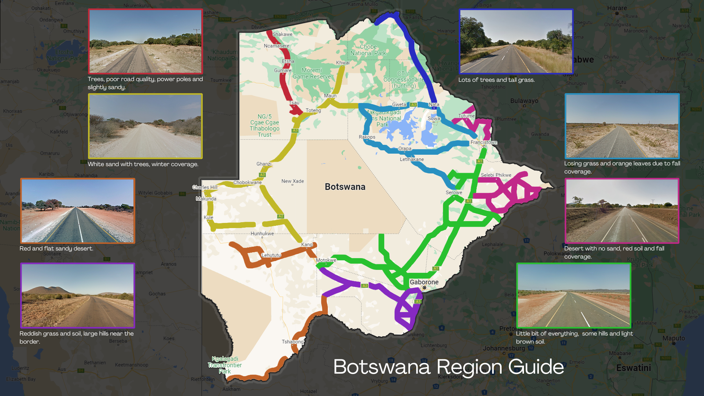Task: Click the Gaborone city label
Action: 424,282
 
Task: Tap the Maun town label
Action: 330,96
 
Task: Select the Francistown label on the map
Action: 484,142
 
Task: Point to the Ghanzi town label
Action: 264,164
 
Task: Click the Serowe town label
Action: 454,192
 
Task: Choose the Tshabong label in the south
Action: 292,342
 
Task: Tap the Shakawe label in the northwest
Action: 282,34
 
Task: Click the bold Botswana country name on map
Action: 345,187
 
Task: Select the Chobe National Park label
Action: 368,50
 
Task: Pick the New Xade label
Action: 293,181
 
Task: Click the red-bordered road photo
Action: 145,41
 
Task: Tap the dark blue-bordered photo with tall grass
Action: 516,41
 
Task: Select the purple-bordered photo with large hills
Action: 78,295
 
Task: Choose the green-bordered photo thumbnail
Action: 573,295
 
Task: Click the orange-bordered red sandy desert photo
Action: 78,211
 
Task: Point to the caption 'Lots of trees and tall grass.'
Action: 496,80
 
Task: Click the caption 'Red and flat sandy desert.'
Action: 56,249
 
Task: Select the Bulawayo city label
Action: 524,101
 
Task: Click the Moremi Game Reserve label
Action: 312,73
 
